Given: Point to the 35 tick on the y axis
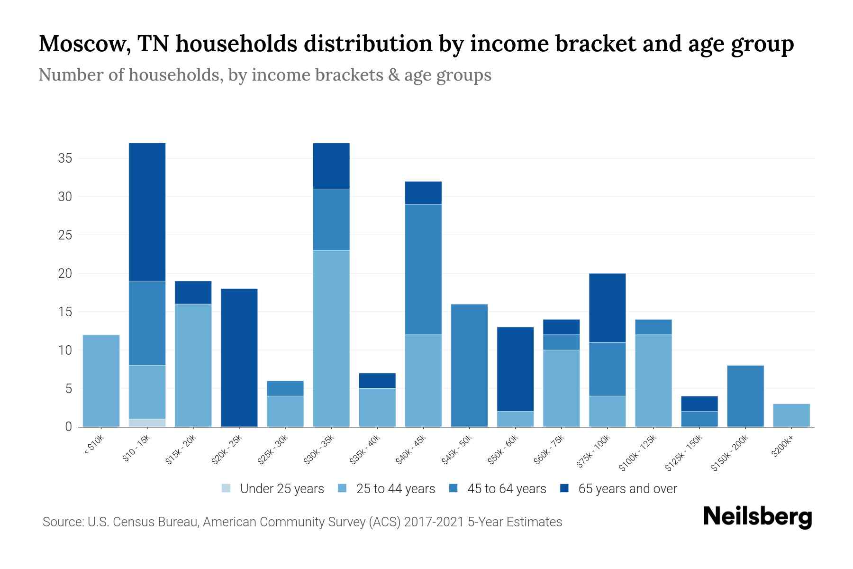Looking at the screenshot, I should pos(65,158).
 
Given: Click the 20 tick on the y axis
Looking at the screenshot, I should pos(65,274).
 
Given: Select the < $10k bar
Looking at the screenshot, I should pos(101,381).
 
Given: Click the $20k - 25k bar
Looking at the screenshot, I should pos(239,358).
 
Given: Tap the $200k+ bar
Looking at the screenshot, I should pos(791,415).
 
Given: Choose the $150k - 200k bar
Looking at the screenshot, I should pos(745,396).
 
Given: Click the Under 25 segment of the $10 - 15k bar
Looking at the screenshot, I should pos(147,423).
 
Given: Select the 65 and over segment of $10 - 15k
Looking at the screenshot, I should pos(147,212).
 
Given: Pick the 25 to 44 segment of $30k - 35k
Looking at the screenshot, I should pos(331,339).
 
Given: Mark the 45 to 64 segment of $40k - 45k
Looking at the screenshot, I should pos(423,269).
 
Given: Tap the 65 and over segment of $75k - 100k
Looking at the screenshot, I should pos(607,308).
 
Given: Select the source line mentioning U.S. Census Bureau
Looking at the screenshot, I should pos(302,522).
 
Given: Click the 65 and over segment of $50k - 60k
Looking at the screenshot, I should pos(515,369).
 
